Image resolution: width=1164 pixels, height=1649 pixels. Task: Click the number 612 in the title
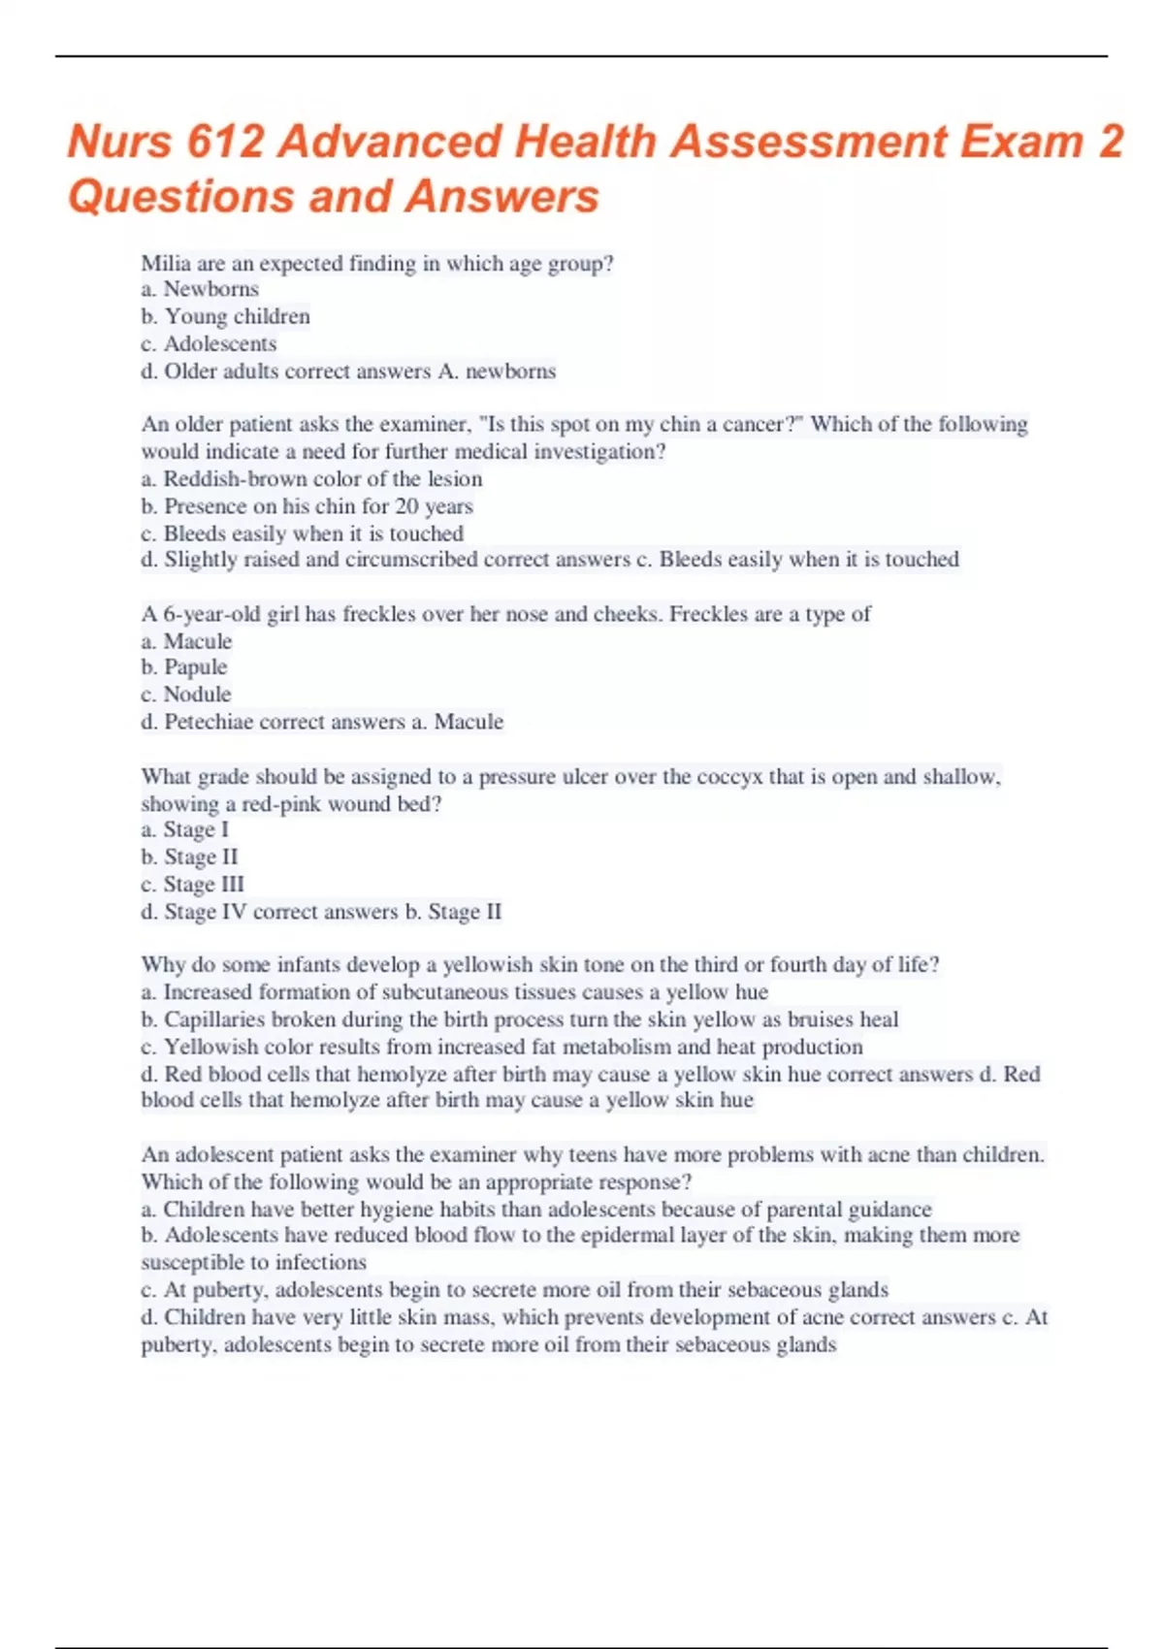click(224, 142)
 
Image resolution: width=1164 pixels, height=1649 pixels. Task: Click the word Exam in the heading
click(1021, 142)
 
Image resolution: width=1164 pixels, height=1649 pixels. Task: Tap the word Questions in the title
click(181, 196)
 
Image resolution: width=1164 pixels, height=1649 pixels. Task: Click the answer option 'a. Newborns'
click(200, 289)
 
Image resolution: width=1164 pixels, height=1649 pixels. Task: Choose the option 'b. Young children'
click(226, 316)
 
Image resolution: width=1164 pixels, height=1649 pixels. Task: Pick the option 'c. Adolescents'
click(209, 343)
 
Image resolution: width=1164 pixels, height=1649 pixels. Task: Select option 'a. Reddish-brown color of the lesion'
click(311, 478)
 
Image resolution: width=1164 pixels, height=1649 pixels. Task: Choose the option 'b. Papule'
click(184, 666)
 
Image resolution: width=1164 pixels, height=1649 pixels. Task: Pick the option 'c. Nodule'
click(186, 694)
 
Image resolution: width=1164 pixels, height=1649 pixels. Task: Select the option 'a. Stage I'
click(185, 829)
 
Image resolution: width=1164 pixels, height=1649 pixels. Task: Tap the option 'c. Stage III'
click(193, 884)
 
